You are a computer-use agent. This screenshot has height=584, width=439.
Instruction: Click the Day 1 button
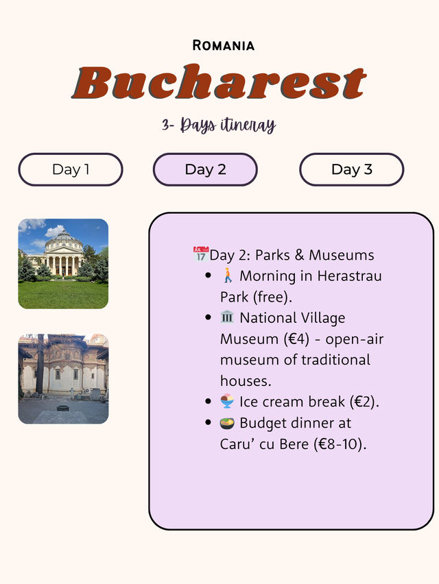(x=71, y=169)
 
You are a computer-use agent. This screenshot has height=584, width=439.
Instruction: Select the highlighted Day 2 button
(x=205, y=169)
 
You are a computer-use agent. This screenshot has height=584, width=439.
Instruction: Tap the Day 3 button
(x=351, y=169)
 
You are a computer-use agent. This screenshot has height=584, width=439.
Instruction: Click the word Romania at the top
(x=223, y=45)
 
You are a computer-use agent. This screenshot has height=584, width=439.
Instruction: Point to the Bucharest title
(x=219, y=82)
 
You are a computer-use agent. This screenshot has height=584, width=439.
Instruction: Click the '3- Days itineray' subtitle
(x=219, y=125)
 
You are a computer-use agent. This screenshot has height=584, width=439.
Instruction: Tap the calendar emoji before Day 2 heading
(x=201, y=254)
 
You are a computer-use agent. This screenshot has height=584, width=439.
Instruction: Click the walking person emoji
(x=228, y=276)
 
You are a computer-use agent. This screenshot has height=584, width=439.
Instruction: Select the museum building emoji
(x=227, y=317)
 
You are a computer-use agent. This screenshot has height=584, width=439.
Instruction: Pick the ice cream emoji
(x=227, y=401)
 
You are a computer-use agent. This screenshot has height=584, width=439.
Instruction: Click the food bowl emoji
(x=227, y=423)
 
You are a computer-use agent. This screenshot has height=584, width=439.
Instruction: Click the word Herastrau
(x=350, y=276)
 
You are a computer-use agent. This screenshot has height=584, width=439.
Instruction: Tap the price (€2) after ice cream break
(x=364, y=402)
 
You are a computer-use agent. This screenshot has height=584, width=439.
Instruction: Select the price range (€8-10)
(x=340, y=444)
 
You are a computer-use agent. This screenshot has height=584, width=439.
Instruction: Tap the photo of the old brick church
(x=63, y=379)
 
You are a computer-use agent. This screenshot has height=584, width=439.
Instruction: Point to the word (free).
(x=272, y=297)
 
